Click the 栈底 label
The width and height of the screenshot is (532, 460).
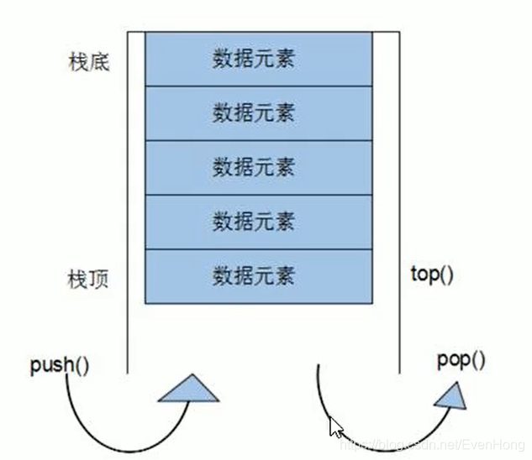(88, 63)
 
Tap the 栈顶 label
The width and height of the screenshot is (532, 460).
(88, 278)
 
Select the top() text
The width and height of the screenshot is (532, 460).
(432, 274)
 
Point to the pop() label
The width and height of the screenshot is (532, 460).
(461, 361)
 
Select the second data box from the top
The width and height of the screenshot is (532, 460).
(258, 112)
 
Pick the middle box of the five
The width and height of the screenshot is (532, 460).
(258, 167)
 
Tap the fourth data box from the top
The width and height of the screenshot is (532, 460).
(258, 222)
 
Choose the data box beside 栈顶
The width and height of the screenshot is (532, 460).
(258, 275)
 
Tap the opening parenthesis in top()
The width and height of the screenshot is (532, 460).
(441, 275)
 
